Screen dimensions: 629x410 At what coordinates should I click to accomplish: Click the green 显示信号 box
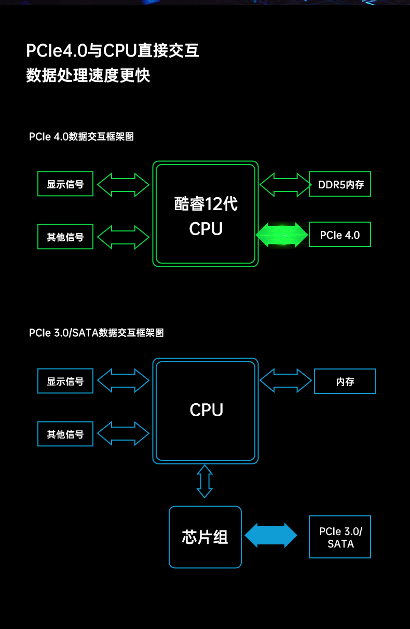[65, 184]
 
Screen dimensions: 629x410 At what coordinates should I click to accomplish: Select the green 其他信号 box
[65, 237]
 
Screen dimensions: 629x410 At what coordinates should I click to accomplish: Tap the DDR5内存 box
[340, 184]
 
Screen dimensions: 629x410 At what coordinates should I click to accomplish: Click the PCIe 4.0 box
[340, 235]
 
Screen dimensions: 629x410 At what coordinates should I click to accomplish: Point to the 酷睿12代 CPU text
[206, 215]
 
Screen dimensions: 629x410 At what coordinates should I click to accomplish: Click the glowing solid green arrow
[282, 235]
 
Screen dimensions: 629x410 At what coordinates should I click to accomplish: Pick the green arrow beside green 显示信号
[123, 184]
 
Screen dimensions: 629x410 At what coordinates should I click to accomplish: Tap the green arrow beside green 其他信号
[123, 237]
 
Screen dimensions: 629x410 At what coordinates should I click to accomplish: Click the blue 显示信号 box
[65, 381]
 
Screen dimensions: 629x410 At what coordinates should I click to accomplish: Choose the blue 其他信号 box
[65, 434]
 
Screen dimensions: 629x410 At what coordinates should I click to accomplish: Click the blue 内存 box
[345, 381]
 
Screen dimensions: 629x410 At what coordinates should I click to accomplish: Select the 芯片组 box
[205, 537]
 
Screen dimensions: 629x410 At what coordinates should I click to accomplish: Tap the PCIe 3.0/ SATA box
[340, 537]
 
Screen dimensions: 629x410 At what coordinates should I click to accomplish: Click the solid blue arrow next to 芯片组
[270, 535]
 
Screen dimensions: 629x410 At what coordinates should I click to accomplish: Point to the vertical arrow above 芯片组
[205, 481]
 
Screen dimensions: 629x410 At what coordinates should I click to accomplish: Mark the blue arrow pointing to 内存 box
[285, 380]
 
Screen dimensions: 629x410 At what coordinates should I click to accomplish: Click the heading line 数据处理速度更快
[88, 76]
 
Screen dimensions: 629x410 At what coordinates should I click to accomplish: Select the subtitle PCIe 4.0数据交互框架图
[81, 137]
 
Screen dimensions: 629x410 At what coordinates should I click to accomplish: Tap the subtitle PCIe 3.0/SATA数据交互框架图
[97, 333]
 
